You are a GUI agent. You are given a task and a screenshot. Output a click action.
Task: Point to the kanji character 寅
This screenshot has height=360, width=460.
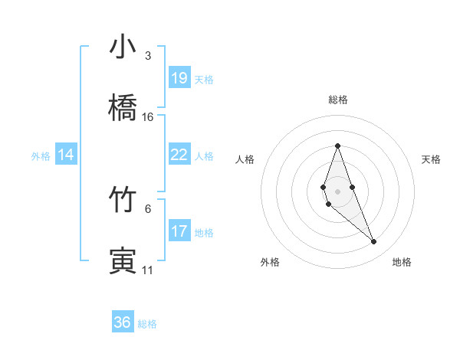pyautogui.click(x=123, y=261)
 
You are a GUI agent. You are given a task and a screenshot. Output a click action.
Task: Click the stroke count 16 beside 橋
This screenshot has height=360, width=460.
pyautogui.click(x=148, y=117)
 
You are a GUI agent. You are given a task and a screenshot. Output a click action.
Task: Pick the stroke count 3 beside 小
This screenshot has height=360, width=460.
pyautogui.click(x=148, y=56)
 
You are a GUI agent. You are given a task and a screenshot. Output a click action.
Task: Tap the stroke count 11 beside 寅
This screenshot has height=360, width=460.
pyautogui.click(x=148, y=270)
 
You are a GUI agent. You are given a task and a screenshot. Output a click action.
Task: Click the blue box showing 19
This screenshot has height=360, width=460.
pyautogui.click(x=179, y=77)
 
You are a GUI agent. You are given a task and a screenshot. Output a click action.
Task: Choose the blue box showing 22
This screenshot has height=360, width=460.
pyautogui.click(x=179, y=155)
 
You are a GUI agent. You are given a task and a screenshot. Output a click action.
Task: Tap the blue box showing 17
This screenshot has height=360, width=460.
pyautogui.click(x=179, y=231)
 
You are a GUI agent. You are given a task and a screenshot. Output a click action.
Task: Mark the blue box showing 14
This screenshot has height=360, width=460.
pyautogui.click(x=66, y=155)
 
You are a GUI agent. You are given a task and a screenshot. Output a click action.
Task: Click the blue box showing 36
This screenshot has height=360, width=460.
pyautogui.click(x=123, y=322)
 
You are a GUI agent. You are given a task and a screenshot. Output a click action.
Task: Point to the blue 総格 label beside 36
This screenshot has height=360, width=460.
pyautogui.click(x=147, y=324)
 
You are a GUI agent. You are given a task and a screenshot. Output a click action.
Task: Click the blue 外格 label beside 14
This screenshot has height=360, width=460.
pyautogui.click(x=41, y=156)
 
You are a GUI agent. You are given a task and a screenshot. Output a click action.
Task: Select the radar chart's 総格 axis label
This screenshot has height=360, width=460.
pyautogui.click(x=337, y=100)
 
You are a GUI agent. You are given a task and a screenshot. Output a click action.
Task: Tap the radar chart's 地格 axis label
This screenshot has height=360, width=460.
pyautogui.click(x=402, y=262)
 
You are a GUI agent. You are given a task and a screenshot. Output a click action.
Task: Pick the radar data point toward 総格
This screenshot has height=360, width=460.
pyautogui.click(x=337, y=146)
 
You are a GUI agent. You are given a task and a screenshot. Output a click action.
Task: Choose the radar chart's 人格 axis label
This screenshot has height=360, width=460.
pyautogui.click(x=245, y=159)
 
